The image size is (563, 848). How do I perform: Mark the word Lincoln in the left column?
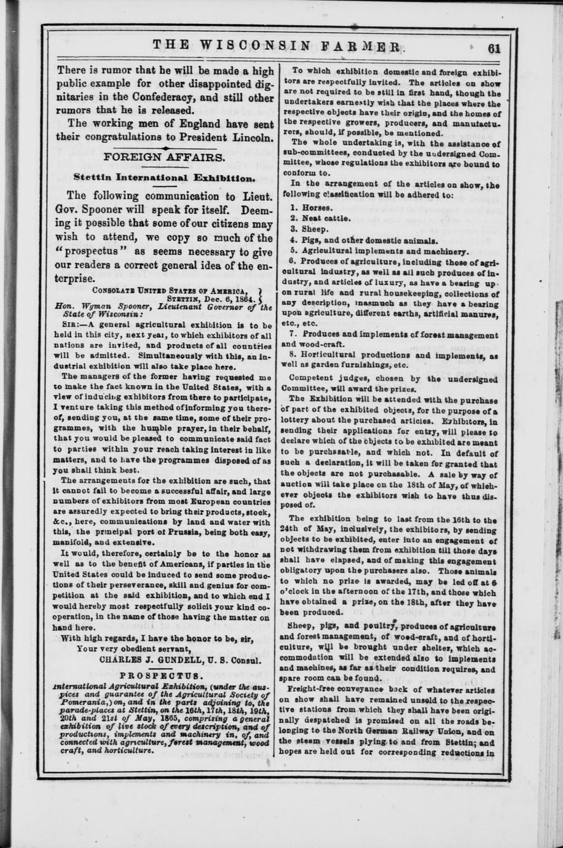(x=251, y=137)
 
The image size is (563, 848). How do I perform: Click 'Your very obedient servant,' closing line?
(x=134, y=650)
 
